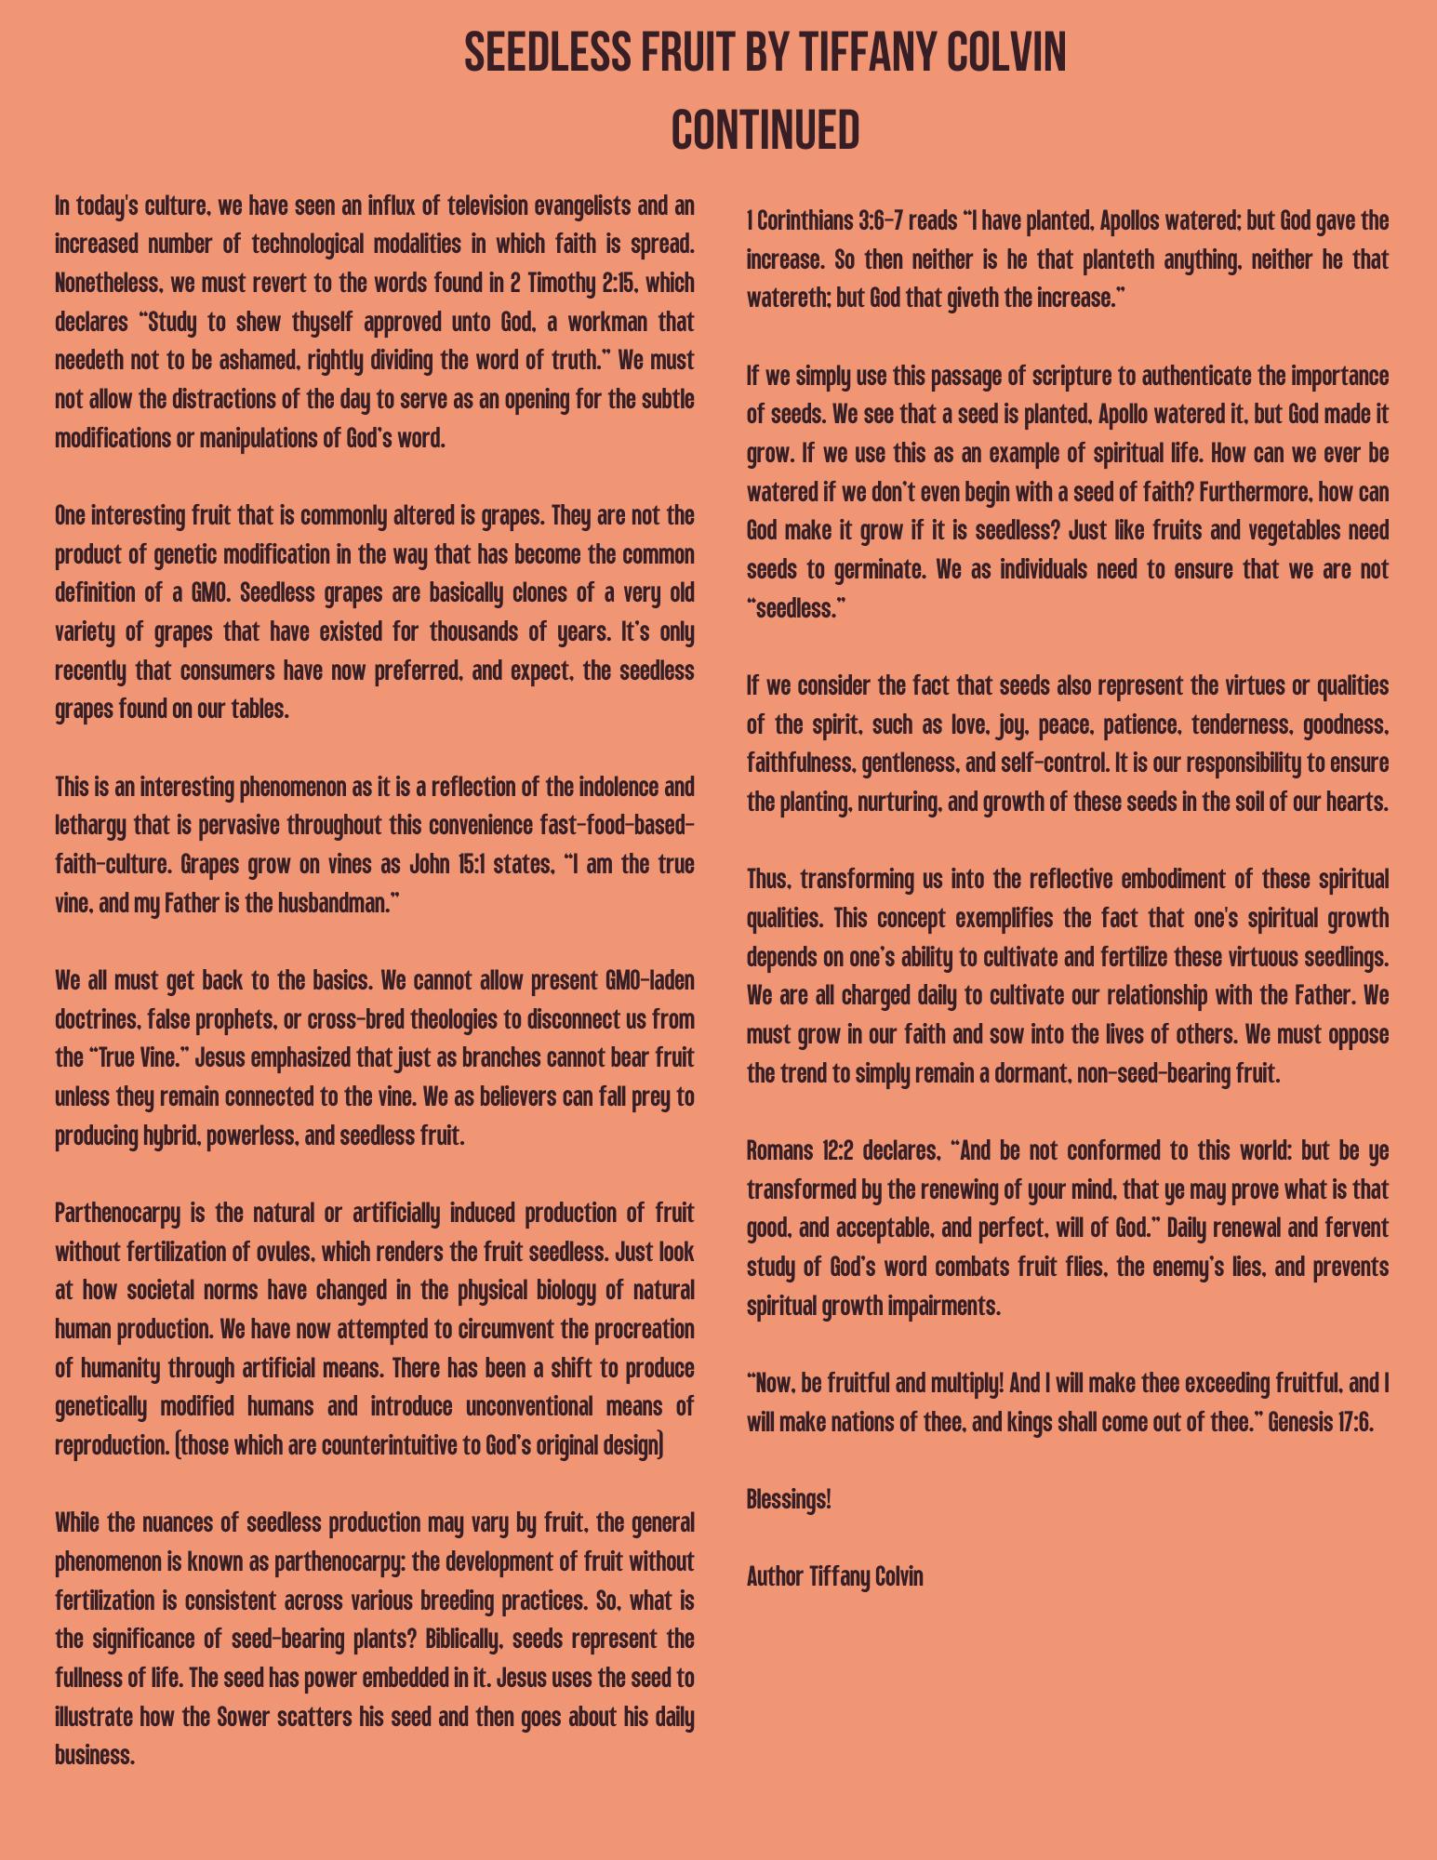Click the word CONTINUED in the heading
[765, 130]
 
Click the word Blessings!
[789, 1499]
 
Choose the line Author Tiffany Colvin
[834, 1576]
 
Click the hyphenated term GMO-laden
[649, 981]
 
